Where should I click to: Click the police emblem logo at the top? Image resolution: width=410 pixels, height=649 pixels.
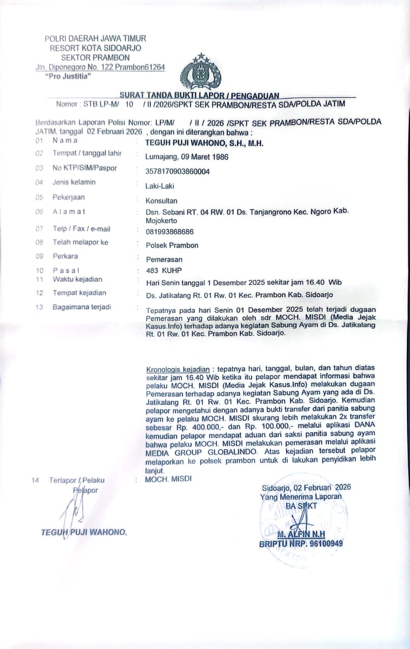[200, 72]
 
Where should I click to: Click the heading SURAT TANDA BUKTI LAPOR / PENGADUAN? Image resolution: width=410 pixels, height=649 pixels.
[199, 95]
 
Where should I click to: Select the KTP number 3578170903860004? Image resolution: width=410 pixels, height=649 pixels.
[177, 171]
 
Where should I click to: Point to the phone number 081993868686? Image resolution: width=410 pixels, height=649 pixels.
[169, 232]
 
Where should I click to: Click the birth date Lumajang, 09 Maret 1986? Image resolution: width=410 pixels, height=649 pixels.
[187, 157]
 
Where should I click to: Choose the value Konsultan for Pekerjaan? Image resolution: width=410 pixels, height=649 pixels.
[161, 200]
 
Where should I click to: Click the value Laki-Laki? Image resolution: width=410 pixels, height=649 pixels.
[160, 186]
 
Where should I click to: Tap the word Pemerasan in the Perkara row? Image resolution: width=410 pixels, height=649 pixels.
[164, 259]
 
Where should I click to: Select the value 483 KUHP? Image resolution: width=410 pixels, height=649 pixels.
[163, 270]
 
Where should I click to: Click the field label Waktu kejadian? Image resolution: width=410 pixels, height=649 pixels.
[77, 279]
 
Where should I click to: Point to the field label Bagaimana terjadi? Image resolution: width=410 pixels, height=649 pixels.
[82, 307]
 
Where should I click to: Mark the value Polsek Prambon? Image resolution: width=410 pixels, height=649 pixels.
[172, 245]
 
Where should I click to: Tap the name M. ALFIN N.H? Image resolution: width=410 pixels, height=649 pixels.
[301, 534]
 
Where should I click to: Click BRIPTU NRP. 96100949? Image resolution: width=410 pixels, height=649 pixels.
[300, 544]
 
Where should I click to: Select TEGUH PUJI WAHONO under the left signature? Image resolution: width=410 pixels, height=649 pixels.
[84, 532]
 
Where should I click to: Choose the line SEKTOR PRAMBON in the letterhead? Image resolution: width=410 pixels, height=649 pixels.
[95, 57]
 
